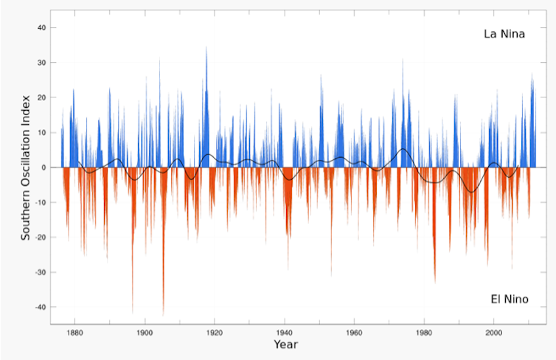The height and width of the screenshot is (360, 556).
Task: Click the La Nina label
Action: [x=504, y=34]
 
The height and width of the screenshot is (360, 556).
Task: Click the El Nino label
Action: [x=509, y=299]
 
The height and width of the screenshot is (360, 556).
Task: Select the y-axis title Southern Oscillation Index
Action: [x=25, y=167]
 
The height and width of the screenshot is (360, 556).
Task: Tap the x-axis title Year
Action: [x=285, y=345]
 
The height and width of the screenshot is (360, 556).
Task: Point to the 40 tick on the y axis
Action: [x=42, y=28]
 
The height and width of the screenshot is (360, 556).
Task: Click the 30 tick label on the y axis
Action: [x=42, y=63]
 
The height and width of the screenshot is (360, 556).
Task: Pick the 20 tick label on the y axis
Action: [x=42, y=97]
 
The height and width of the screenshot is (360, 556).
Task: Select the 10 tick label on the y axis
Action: [x=42, y=133]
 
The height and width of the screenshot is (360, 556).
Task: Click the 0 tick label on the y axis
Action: [x=44, y=167]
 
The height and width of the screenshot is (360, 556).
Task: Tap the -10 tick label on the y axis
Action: [x=41, y=202]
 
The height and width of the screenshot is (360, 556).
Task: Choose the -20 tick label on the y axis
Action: [x=41, y=238]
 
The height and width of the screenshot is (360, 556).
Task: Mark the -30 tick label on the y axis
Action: [x=41, y=272]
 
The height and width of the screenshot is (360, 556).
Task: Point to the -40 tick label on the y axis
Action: [x=41, y=307]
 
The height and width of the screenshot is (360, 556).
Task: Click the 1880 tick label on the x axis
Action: [x=74, y=331]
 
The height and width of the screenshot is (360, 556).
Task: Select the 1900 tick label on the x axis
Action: [x=145, y=331]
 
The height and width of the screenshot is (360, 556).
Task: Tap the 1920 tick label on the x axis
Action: [x=215, y=331]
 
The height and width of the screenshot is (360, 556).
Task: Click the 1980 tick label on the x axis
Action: [x=424, y=331]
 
